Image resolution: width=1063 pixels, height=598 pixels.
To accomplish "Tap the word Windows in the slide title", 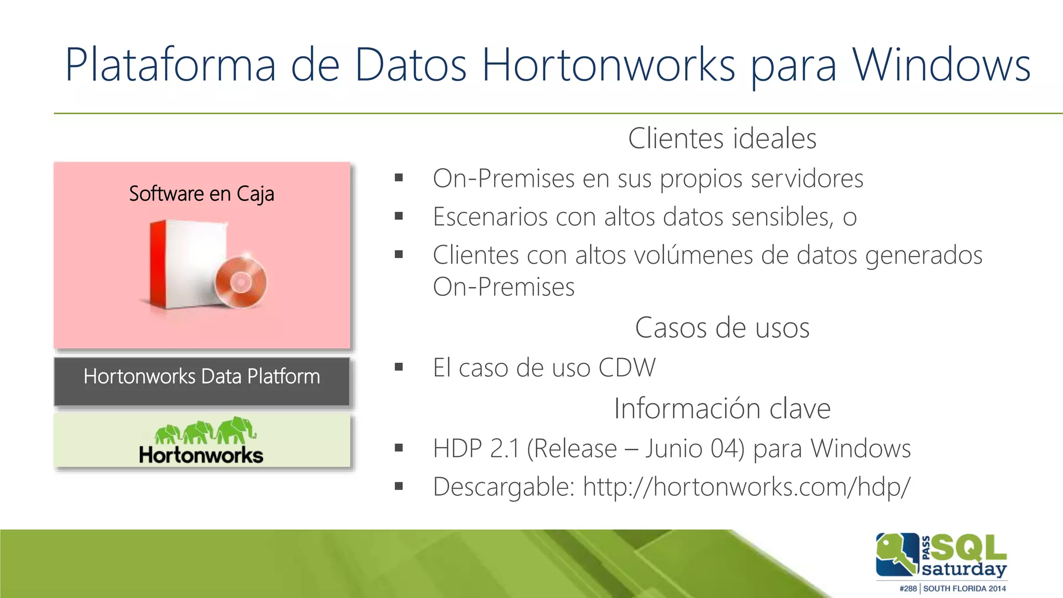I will click(x=941, y=65).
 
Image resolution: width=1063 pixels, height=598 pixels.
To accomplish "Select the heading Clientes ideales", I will click(x=722, y=139).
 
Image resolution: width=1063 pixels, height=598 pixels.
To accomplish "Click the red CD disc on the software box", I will click(x=241, y=282).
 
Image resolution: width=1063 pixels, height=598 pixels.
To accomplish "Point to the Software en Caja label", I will click(x=201, y=194).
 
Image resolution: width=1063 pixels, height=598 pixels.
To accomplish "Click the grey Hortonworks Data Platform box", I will click(x=201, y=381).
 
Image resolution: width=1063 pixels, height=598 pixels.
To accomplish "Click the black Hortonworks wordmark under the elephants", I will click(x=201, y=455).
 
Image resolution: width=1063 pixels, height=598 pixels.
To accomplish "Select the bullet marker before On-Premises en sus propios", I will click(x=399, y=178).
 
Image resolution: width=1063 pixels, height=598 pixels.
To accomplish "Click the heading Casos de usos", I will click(x=722, y=328).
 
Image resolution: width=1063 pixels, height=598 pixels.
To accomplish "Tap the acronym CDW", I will click(x=627, y=368).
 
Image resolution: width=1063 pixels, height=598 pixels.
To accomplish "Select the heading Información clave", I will click(x=722, y=408).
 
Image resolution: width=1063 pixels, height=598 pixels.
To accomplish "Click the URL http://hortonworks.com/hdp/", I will click(x=746, y=487).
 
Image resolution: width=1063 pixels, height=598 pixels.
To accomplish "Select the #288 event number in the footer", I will click(x=908, y=589).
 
